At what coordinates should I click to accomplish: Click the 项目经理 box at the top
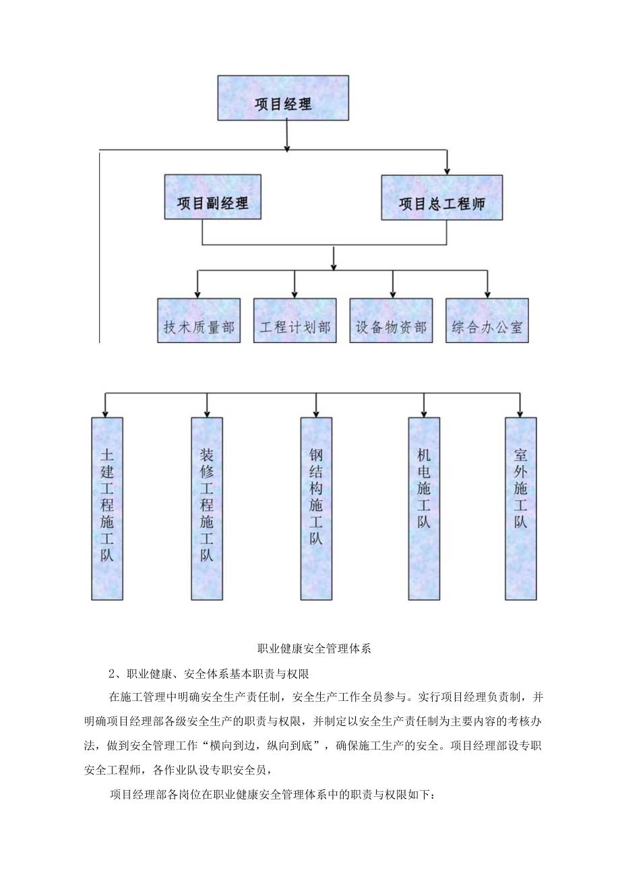[x=283, y=98]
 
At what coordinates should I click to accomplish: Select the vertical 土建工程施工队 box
[x=107, y=508]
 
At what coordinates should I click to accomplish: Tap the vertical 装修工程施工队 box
[x=206, y=508]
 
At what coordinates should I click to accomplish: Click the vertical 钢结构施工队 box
[x=316, y=508]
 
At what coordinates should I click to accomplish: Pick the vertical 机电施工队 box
[x=424, y=508]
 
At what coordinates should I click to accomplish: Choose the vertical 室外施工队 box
[x=520, y=508]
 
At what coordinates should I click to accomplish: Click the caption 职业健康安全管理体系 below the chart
[x=315, y=649]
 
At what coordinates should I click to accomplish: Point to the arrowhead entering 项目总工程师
[x=447, y=171]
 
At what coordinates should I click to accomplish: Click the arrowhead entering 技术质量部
[x=198, y=293]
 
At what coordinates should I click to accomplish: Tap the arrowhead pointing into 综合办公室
[x=487, y=293]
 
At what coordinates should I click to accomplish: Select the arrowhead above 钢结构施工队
[x=316, y=413]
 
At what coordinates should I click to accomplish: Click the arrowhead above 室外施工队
[x=520, y=413]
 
